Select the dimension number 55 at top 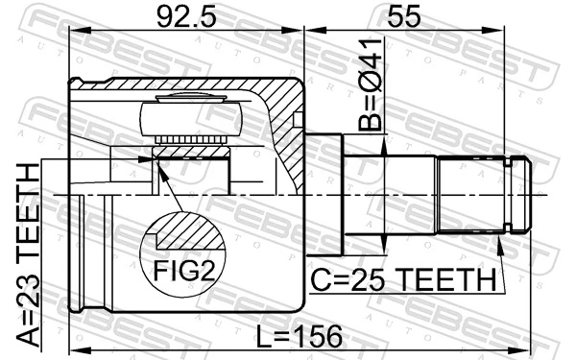pyautogui.click(x=404, y=16)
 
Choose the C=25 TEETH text pyautogui.click(x=402, y=280)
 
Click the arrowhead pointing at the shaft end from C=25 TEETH pyautogui.click(x=501, y=243)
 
